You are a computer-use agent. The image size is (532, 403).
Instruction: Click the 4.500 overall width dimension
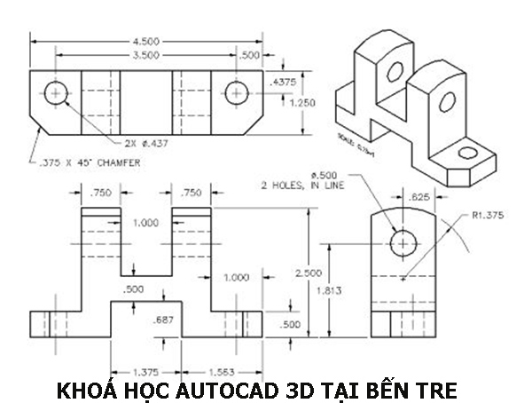pos(146,40)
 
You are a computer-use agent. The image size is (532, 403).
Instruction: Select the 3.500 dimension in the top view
pos(146,55)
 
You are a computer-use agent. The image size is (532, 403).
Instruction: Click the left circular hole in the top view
pos(58,93)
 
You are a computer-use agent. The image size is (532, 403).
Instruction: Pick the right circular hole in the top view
pos(235,93)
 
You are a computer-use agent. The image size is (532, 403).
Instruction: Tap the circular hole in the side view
pos(403,241)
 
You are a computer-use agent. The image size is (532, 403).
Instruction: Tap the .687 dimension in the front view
pos(162,320)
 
